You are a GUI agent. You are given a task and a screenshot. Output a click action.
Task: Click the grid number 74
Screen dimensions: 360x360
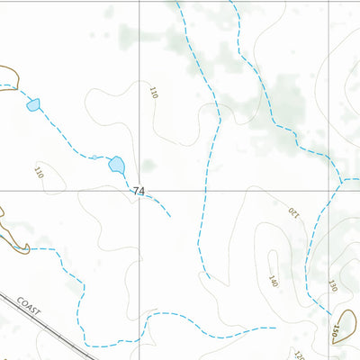coord(138,191)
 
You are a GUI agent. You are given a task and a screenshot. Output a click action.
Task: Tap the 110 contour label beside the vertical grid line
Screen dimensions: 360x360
coord(154,92)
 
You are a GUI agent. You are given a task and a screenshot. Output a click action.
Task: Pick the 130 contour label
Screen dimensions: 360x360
coord(332,285)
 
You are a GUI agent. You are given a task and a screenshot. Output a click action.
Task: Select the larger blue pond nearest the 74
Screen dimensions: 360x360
coord(116,164)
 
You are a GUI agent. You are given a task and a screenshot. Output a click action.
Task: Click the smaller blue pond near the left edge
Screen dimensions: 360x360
coord(33,104)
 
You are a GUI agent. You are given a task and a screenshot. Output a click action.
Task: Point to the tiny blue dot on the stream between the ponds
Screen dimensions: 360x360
coord(94,157)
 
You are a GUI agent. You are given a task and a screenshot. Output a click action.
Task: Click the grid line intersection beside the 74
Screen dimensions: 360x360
coord(139,191)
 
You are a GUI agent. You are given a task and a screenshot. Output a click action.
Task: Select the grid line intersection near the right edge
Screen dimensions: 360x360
coord(328,191)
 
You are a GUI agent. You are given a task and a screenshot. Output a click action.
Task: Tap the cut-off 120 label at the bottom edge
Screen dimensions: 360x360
coord(299,356)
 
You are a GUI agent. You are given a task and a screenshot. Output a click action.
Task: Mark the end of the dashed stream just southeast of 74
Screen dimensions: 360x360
coord(169,217)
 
